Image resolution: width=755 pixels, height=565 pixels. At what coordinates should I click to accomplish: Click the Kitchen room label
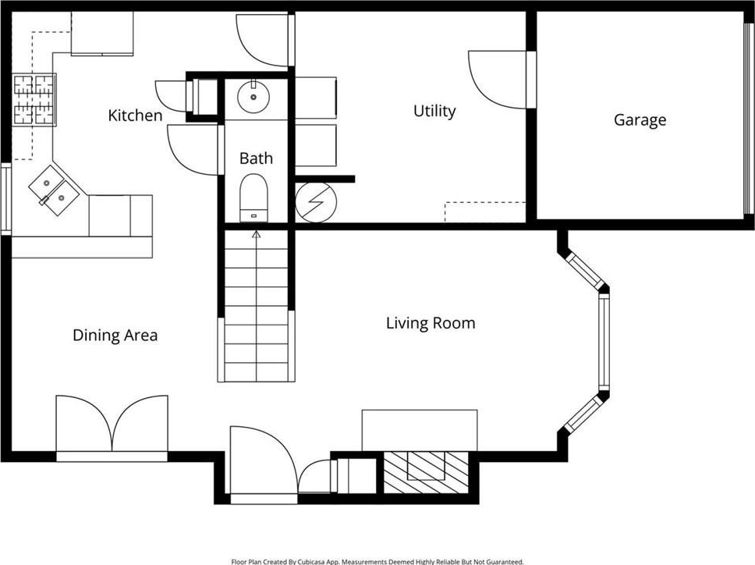(135, 115)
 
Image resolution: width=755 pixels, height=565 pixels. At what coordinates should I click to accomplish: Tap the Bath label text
(256, 158)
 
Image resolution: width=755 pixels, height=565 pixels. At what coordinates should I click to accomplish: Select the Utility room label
(434, 112)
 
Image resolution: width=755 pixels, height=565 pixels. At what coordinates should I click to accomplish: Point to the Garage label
(640, 120)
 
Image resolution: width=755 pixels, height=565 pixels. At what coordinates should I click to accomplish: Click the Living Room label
(431, 323)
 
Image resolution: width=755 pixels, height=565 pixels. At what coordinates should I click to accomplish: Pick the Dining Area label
(115, 336)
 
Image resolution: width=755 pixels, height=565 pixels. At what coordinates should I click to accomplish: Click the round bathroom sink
(253, 96)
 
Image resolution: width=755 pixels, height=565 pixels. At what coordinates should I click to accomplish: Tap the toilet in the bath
(253, 198)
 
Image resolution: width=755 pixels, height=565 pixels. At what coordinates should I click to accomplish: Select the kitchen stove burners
(34, 100)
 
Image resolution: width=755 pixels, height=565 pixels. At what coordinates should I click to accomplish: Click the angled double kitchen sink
(54, 190)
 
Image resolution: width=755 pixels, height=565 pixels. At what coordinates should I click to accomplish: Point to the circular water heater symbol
(316, 202)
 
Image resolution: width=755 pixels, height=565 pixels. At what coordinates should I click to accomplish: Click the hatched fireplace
(426, 472)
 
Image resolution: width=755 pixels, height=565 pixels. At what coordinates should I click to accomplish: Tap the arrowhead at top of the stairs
(256, 235)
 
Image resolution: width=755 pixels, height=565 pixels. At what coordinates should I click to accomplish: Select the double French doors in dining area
(112, 426)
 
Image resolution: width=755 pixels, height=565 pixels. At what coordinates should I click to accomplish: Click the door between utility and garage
(498, 80)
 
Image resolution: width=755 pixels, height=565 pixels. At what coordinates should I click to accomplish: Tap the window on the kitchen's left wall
(5, 198)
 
